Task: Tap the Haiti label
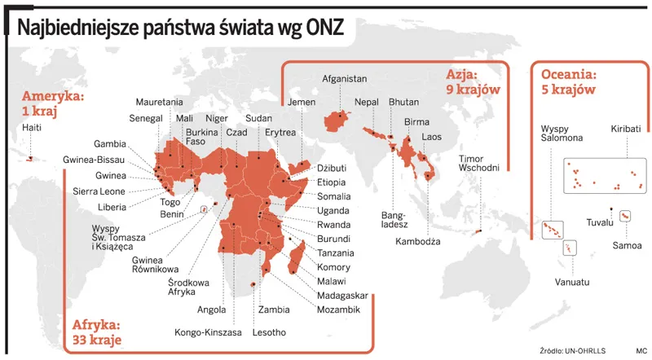[33, 128]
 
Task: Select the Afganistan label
[345, 79]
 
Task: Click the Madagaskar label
[342, 295]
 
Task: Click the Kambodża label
[417, 241]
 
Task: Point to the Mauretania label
[159, 102]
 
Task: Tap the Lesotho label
[264, 331]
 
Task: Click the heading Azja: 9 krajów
[472, 82]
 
